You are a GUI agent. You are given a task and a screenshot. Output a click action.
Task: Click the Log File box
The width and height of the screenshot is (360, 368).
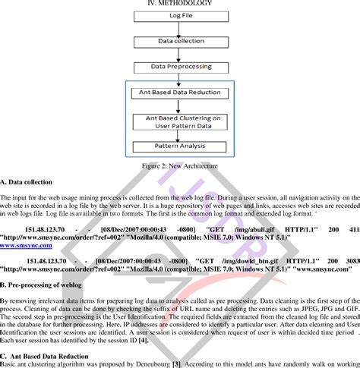tap(180, 15)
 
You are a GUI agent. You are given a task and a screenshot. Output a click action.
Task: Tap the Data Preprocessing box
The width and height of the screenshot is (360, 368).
tap(180, 66)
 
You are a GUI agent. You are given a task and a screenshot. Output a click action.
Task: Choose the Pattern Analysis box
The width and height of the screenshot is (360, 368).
tap(180, 145)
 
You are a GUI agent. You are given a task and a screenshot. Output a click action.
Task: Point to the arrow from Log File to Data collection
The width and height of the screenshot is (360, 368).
tap(180, 27)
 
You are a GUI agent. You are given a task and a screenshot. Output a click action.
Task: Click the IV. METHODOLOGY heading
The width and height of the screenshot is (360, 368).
tap(180, 4)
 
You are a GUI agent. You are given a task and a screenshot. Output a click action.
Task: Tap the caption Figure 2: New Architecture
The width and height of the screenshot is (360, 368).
tap(180, 165)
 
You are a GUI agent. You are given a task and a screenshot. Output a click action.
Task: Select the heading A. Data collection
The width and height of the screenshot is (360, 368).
tap(27, 183)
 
